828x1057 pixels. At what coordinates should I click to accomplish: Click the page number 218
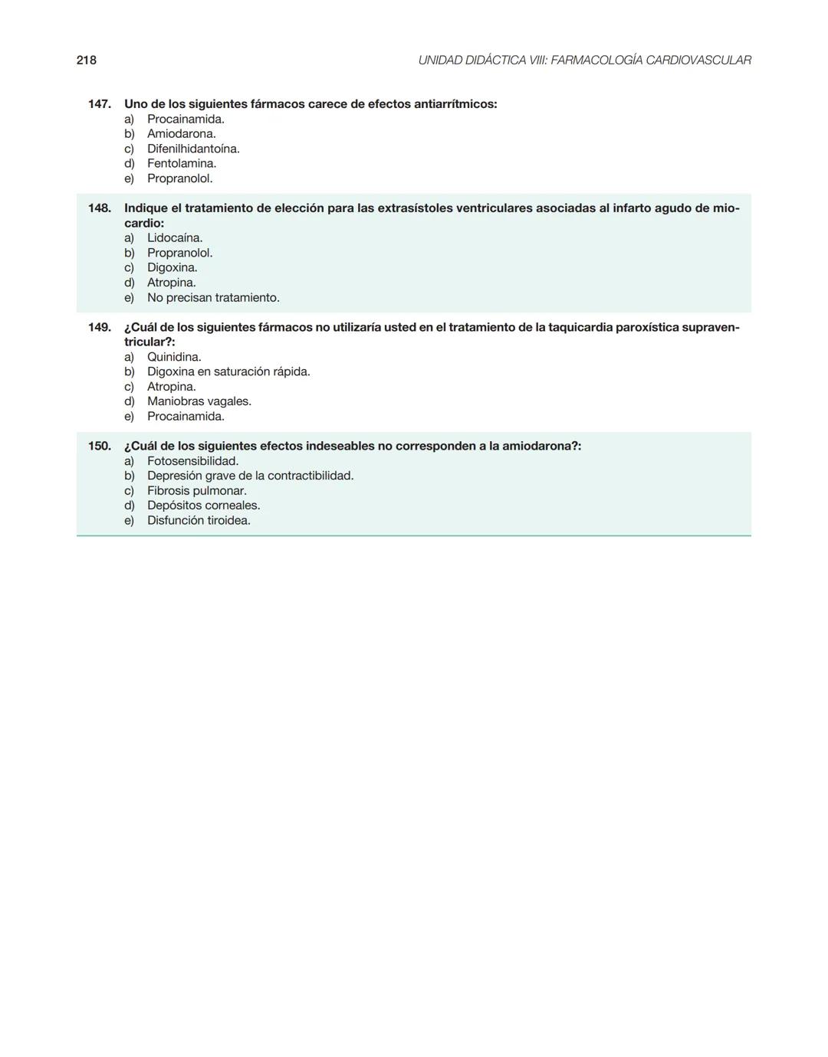tap(87, 60)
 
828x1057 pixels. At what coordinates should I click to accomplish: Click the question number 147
tap(100, 103)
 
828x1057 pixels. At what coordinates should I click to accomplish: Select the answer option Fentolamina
tap(182, 163)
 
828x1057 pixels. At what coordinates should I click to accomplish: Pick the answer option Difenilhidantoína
tap(193, 149)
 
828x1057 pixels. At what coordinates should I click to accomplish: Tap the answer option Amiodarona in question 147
tap(182, 134)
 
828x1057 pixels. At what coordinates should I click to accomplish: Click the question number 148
tap(100, 208)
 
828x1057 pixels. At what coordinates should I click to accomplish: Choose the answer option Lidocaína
tap(175, 238)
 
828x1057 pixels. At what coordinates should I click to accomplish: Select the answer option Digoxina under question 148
tap(172, 267)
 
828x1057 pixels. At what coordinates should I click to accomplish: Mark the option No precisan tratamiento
tap(213, 297)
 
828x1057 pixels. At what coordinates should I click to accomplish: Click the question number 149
tap(100, 327)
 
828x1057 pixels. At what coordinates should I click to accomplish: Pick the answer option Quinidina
tap(174, 357)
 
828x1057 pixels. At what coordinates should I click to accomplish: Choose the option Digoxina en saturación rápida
tap(228, 371)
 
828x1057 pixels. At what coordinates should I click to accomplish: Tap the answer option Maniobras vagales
tap(199, 401)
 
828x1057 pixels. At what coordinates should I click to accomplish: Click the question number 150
tap(100, 446)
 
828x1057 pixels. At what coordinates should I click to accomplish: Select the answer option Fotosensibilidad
tap(192, 461)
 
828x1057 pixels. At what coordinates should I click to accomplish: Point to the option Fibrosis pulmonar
tap(197, 491)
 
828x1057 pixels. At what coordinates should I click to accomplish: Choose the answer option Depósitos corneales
tap(203, 506)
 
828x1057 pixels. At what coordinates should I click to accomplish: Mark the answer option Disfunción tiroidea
tap(199, 520)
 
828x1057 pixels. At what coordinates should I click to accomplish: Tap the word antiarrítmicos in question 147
tap(455, 103)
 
